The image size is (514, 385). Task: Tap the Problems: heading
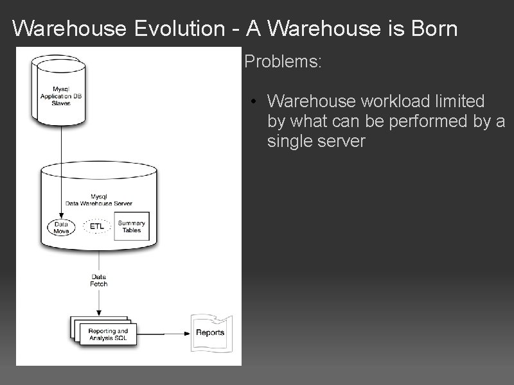click(x=283, y=63)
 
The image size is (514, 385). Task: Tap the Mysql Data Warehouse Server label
click(x=98, y=200)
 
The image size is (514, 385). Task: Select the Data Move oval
click(x=62, y=227)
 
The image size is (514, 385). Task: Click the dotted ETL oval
click(x=97, y=227)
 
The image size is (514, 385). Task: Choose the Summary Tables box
click(x=131, y=227)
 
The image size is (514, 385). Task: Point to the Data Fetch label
click(x=99, y=280)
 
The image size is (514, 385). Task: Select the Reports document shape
click(x=210, y=332)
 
